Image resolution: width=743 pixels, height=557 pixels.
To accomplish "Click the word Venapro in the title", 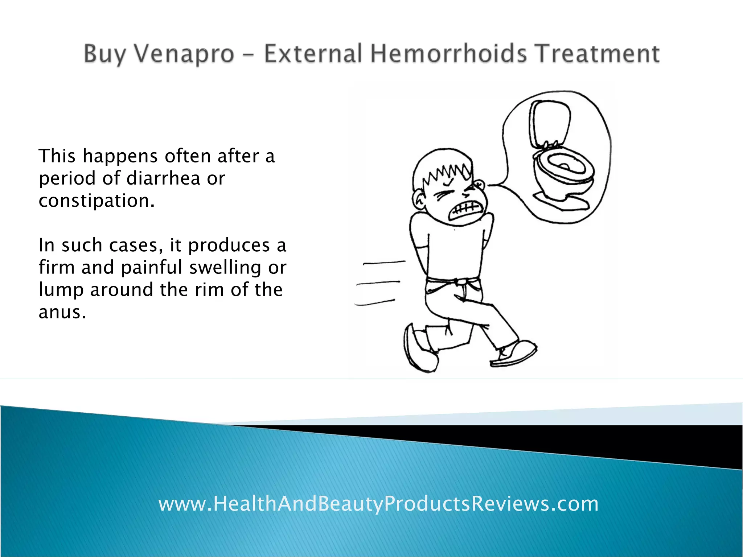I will [x=184, y=54].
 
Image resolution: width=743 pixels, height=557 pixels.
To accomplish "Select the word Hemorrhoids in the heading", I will [x=448, y=54].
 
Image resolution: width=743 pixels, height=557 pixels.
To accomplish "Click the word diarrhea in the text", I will [x=163, y=178].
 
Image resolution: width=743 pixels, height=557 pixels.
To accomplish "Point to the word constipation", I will [x=97, y=201].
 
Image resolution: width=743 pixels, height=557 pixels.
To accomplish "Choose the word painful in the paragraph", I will [x=152, y=268].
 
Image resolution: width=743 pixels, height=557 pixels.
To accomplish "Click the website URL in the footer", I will [x=378, y=504].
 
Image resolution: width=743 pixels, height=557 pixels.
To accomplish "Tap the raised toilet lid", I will [x=549, y=123].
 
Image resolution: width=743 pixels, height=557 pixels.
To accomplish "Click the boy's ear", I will [x=419, y=199].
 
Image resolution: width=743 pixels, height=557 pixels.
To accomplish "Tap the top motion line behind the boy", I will [x=384, y=263].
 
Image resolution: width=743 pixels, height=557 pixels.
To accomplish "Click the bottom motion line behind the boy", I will [x=374, y=302].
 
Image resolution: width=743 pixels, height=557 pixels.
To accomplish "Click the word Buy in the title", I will [x=104, y=54].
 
